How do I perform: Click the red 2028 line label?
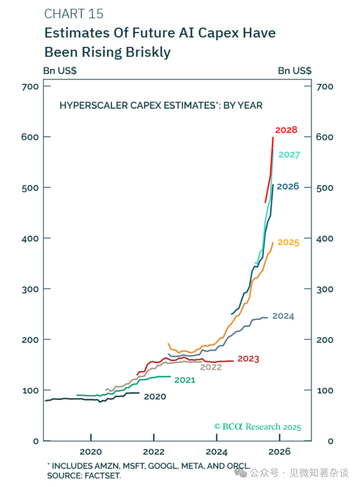coord(286,130)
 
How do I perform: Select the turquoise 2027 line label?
coord(289,155)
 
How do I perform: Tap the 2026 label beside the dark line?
coord(288,187)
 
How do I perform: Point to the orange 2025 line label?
coord(288,242)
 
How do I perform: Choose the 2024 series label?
coord(283,316)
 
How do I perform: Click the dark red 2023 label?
coord(248,359)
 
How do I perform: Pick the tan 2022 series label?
coord(211,367)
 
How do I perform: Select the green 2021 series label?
coord(185,380)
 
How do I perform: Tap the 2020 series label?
coord(155,396)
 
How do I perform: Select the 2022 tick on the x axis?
coord(154,452)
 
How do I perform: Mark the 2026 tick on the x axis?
coord(279,452)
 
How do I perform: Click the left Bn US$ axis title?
coord(60,71)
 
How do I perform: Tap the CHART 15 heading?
coord(74,14)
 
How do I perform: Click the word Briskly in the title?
coord(148,52)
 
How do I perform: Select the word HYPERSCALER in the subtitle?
coord(89,105)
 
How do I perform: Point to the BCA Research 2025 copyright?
coord(258,427)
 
